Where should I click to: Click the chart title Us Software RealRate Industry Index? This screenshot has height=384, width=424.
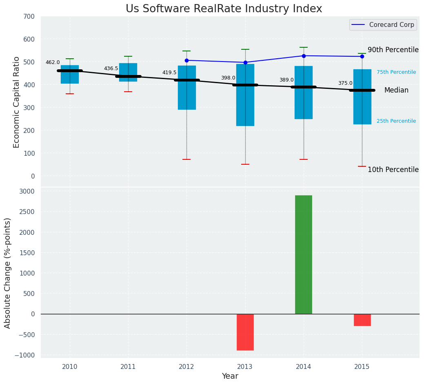click(x=224, y=9)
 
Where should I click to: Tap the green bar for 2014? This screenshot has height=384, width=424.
click(x=304, y=254)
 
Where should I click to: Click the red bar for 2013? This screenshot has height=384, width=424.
click(x=245, y=332)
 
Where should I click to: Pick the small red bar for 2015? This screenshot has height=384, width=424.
click(x=362, y=320)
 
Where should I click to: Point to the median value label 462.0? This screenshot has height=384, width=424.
click(x=53, y=62)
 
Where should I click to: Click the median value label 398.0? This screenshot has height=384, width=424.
click(x=228, y=78)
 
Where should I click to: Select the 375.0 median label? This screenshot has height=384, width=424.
click(x=345, y=83)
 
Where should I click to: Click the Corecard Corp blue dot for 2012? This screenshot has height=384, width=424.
click(x=186, y=60)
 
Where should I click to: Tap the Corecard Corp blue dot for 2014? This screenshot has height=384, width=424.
click(x=304, y=56)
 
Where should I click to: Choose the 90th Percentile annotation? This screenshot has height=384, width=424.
click(x=393, y=50)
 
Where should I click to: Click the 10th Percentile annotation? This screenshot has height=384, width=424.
click(x=393, y=170)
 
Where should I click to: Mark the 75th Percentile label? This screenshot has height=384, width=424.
click(x=396, y=72)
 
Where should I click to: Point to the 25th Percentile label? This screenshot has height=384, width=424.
click(x=396, y=121)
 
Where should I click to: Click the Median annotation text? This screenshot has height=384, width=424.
click(x=396, y=90)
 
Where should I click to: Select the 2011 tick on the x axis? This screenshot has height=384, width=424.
click(x=128, y=367)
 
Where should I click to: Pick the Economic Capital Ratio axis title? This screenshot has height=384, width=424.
click(x=17, y=102)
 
